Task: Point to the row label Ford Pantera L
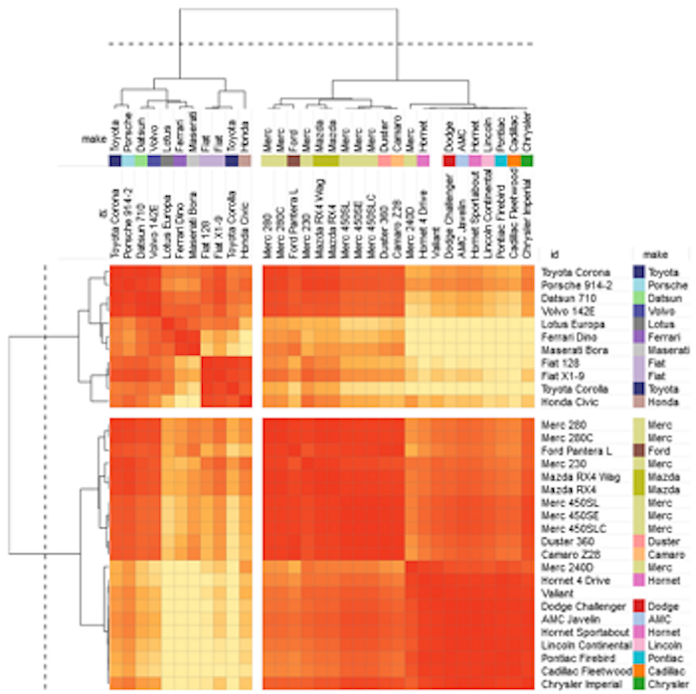click(574, 450)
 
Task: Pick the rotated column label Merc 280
click(267, 235)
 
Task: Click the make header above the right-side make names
click(654, 255)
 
